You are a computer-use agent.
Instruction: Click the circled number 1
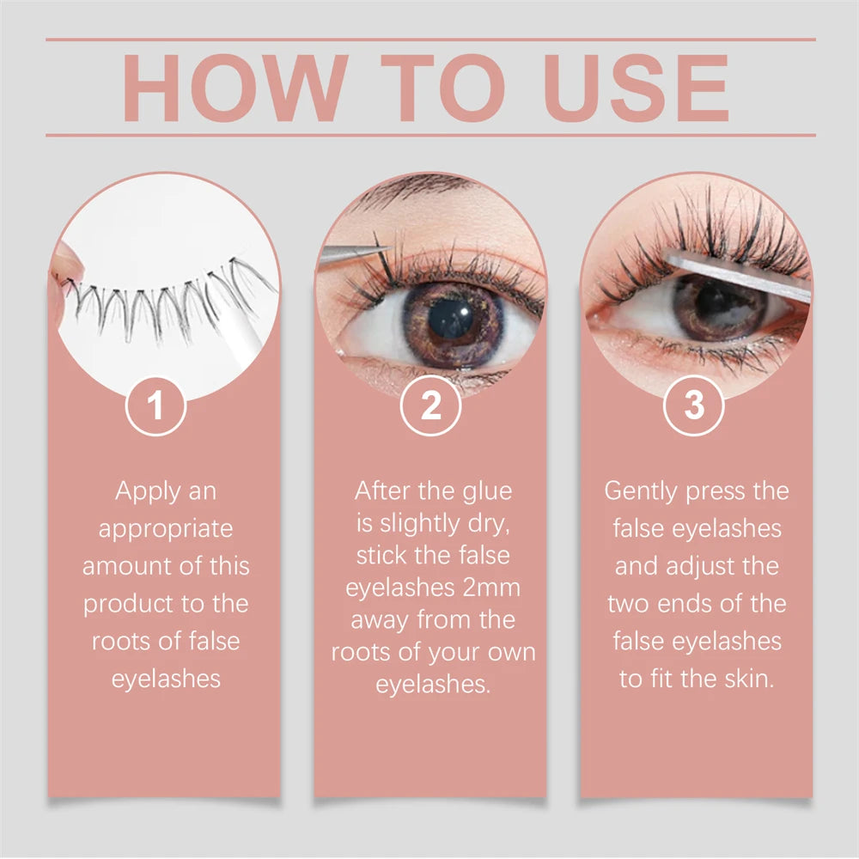click(x=155, y=405)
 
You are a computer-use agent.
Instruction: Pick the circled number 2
click(x=430, y=405)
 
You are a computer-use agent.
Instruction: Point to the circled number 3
click(x=694, y=405)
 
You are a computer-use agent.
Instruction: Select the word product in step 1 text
click(x=128, y=604)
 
